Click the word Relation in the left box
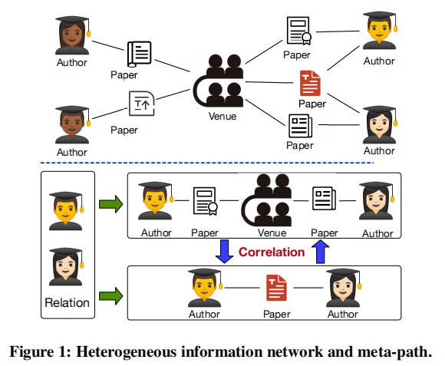68,302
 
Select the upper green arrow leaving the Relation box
110,204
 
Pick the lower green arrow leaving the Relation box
110,293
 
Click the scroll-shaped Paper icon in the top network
138,54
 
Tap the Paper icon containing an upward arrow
141,103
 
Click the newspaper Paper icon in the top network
300,124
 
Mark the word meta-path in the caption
398,352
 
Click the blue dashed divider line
207,163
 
